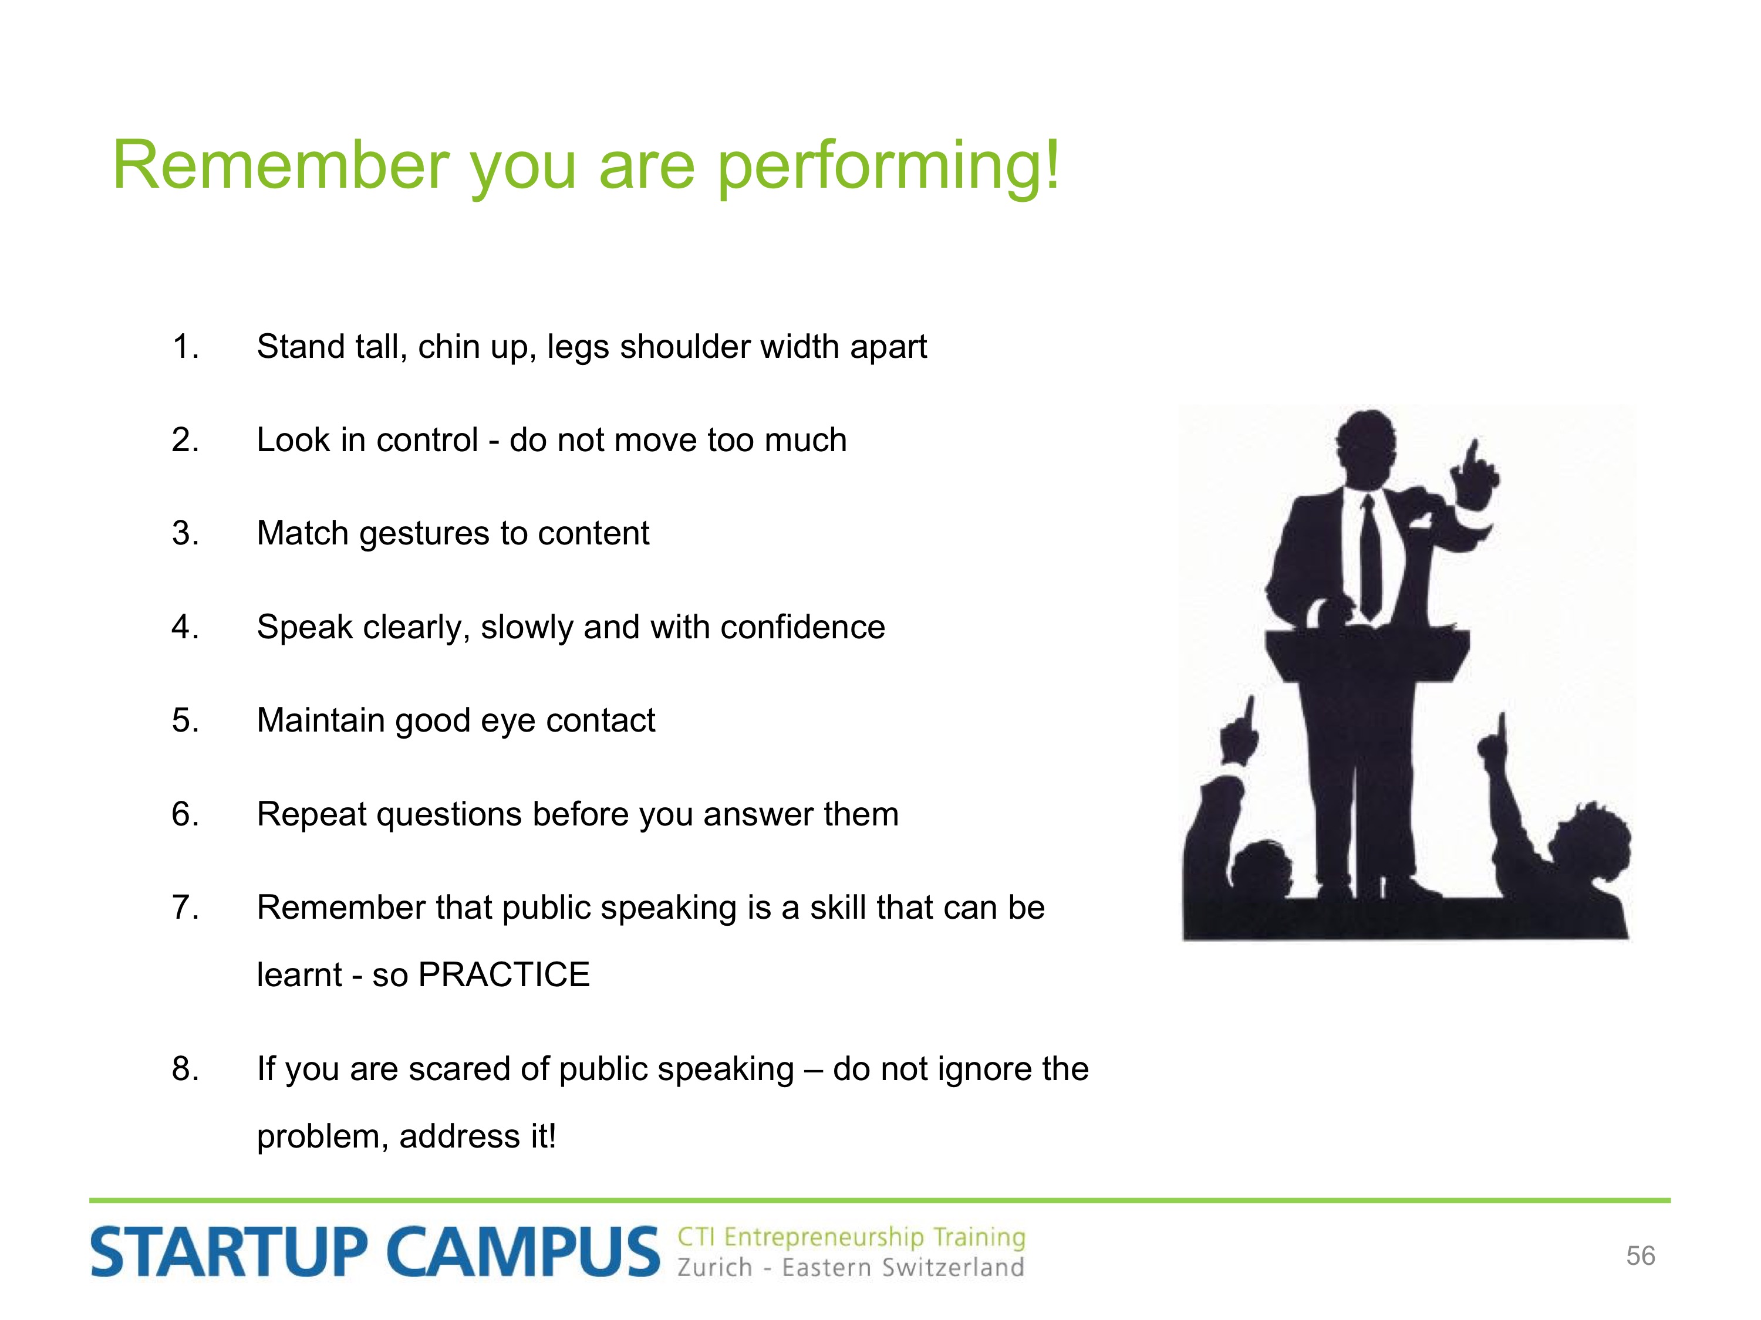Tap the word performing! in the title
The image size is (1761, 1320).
[x=889, y=167]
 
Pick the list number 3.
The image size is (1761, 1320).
[x=185, y=533]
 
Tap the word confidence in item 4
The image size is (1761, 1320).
[x=802, y=627]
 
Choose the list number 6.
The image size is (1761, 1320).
[x=185, y=814]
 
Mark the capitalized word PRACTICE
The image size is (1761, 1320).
[x=504, y=974]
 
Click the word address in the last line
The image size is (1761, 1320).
[x=460, y=1136]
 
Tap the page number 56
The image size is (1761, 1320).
[x=1641, y=1255]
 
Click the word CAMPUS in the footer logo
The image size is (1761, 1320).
[x=523, y=1251]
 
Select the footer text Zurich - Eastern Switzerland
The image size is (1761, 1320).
[x=850, y=1267]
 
